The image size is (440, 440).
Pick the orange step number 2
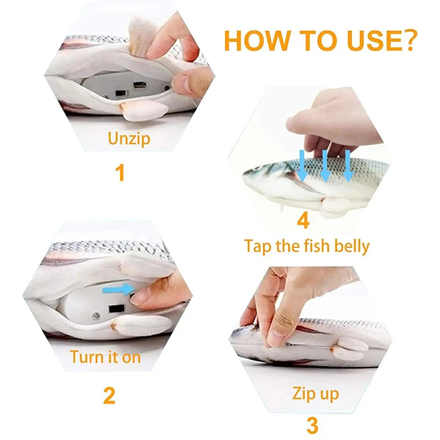coord(109,395)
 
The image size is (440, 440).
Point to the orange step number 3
coord(311,425)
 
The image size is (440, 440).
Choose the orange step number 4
coord(303,221)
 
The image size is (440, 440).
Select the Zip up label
coord(315,394)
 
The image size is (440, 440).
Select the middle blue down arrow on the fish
coord(325,166)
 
